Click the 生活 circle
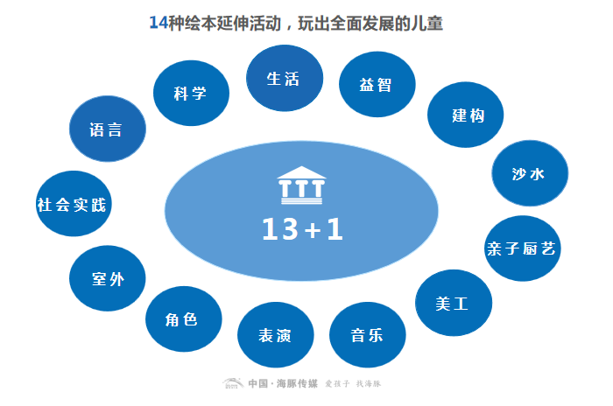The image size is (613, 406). click(283, 80)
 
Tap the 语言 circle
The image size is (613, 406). click(106, 130)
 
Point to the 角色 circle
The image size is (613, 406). click(182, 319)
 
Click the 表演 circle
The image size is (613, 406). click(275, 335)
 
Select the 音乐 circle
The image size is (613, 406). click(367, 335)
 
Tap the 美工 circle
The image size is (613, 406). click(452, 304)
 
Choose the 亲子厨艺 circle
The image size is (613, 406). click(520, 248)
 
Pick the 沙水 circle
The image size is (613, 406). click(528, 173)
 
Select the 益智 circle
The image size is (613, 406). click(376, 85)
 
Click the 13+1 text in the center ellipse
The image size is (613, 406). click(302, 229)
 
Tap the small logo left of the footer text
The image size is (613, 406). click(232, 384)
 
